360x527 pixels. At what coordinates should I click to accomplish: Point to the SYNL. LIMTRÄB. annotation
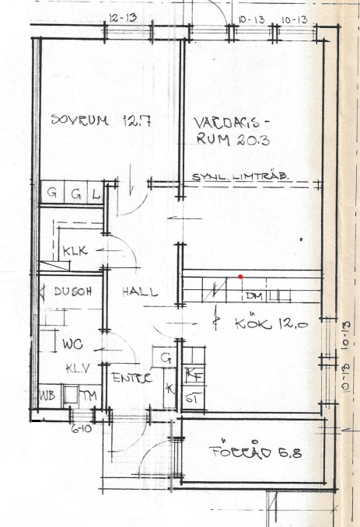tap(240, 177)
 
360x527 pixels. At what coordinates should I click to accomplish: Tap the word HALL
tap(140, 292)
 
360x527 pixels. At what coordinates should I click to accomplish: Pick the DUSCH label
tap(74, 292)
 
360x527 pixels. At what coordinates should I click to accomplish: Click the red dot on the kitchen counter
tap(240, 277)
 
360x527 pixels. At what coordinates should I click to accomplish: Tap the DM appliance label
tap(253, 296)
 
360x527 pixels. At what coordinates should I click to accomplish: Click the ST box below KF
tap(191, 398)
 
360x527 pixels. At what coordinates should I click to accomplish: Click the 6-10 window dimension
tap(82, 428)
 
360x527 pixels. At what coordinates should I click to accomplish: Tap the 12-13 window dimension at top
tap(123, 16)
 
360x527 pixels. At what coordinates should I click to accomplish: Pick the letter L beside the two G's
tap(95, 193)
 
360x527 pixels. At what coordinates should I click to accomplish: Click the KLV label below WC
tap(75, 368)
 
